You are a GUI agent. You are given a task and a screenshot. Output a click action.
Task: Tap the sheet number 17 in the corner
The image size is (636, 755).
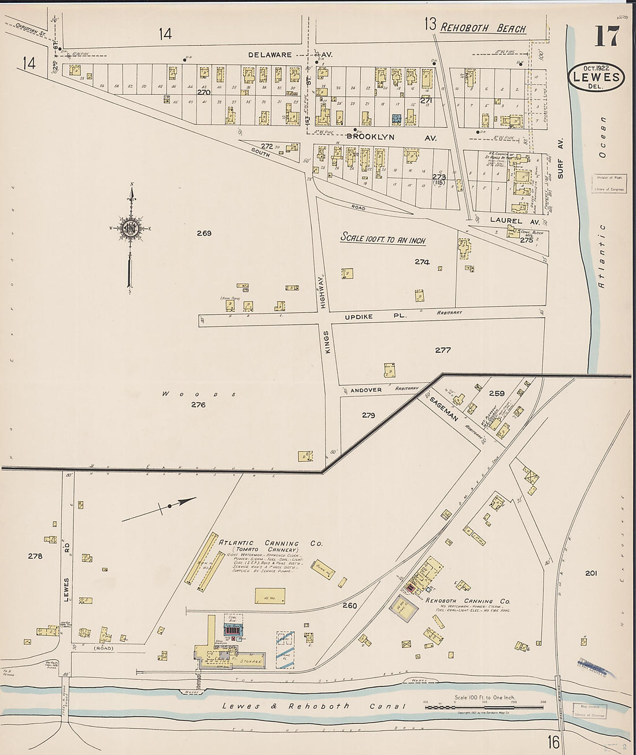click(607, 38)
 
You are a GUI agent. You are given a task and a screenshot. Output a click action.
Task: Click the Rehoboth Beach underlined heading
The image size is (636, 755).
click(483, 28)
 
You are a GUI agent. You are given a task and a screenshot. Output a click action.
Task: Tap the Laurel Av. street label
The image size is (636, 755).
click(506, 220)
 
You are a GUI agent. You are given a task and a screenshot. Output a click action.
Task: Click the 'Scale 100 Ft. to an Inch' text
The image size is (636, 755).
click(382, 238)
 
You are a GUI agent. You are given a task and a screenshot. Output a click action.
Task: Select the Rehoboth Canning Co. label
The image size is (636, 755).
click(468, 601)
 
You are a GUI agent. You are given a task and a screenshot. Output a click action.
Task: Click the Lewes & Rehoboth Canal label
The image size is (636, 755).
click(315, 706)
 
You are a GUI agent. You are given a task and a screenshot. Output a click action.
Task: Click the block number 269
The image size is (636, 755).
click(204, 233)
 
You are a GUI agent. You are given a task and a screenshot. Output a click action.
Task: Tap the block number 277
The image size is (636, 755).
click(443, 350)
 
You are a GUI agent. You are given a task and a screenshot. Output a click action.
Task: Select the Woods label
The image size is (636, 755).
click(198, 394)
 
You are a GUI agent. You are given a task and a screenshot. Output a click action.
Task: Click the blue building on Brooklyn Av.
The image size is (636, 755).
click(397, 118)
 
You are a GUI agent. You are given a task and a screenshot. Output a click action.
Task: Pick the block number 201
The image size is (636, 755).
click(590, 573)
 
